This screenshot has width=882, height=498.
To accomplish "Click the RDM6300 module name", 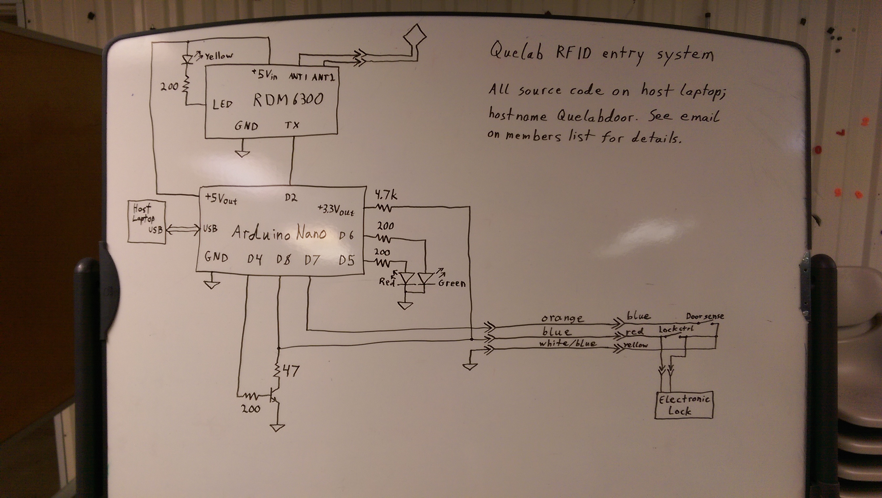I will point(288,100).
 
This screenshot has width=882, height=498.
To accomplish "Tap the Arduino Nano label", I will point(279,234).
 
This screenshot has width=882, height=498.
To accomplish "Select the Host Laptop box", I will point(147,222).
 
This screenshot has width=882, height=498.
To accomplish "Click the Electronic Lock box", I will point(684,405).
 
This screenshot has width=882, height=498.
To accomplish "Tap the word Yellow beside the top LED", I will point(219,55).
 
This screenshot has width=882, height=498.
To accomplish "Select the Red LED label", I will point(387,281).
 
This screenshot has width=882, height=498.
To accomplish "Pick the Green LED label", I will point(452,283).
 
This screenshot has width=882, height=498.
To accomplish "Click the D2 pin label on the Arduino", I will point(291,198).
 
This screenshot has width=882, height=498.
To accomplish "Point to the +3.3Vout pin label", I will point(336,210).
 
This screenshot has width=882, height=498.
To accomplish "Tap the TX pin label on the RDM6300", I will point(292,125).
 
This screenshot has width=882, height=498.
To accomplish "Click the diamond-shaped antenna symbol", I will point(415,36).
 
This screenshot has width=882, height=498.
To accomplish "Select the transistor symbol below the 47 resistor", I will point(274,395).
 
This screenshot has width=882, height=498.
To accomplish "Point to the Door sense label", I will point(705,316).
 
